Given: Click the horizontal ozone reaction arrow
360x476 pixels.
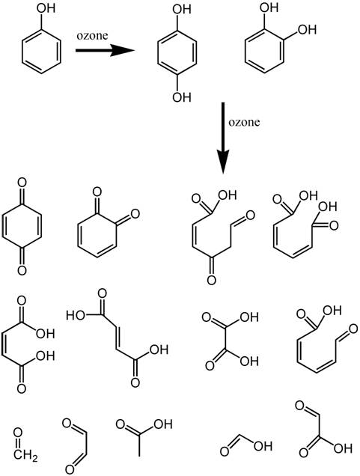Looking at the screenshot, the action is click(105, 50).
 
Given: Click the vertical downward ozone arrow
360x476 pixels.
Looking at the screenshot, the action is click(223, 138).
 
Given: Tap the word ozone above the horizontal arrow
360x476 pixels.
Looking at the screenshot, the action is click(92, 35).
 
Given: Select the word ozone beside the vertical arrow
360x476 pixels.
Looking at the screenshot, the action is click(244, 122).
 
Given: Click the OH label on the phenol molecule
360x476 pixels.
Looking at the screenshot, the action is click(46, 8).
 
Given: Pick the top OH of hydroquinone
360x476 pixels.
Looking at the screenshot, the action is click(182, 9).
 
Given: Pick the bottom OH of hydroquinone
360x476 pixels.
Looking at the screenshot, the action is click(182, 97).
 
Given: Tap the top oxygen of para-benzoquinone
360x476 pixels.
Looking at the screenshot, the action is click(22, 183).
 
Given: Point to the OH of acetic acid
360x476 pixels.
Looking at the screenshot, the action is click(162, 424).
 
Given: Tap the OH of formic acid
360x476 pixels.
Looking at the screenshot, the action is click(263, 446).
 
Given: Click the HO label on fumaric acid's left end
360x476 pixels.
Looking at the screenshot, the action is click(76, 315).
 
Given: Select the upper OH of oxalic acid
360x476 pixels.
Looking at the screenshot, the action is click(249, 317).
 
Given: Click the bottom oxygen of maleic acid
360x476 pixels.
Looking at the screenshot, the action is click(22, 388).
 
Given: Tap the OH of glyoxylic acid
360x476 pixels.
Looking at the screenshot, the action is click(343, 448).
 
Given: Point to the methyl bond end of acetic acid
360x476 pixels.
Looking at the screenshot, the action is click(139, 456).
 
